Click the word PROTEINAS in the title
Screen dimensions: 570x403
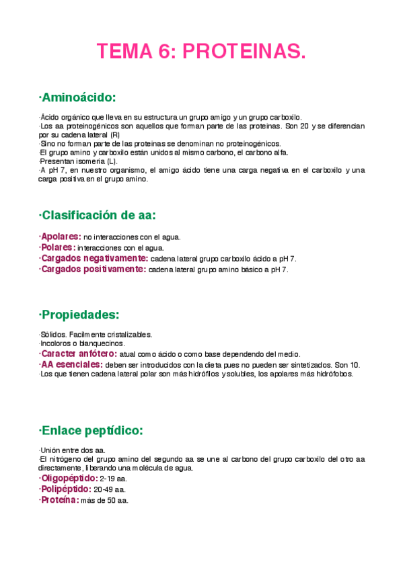pos(244,51)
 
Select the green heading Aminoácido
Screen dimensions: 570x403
pos(78,98)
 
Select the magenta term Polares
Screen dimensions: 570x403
pos(59,247)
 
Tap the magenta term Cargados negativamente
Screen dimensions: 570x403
pos(94,258)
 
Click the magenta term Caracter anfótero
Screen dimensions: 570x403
pos(78,354)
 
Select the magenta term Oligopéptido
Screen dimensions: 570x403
pos(68,479)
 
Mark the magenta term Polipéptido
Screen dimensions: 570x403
pos(66,489)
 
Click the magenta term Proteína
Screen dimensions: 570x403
pos(59,500)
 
